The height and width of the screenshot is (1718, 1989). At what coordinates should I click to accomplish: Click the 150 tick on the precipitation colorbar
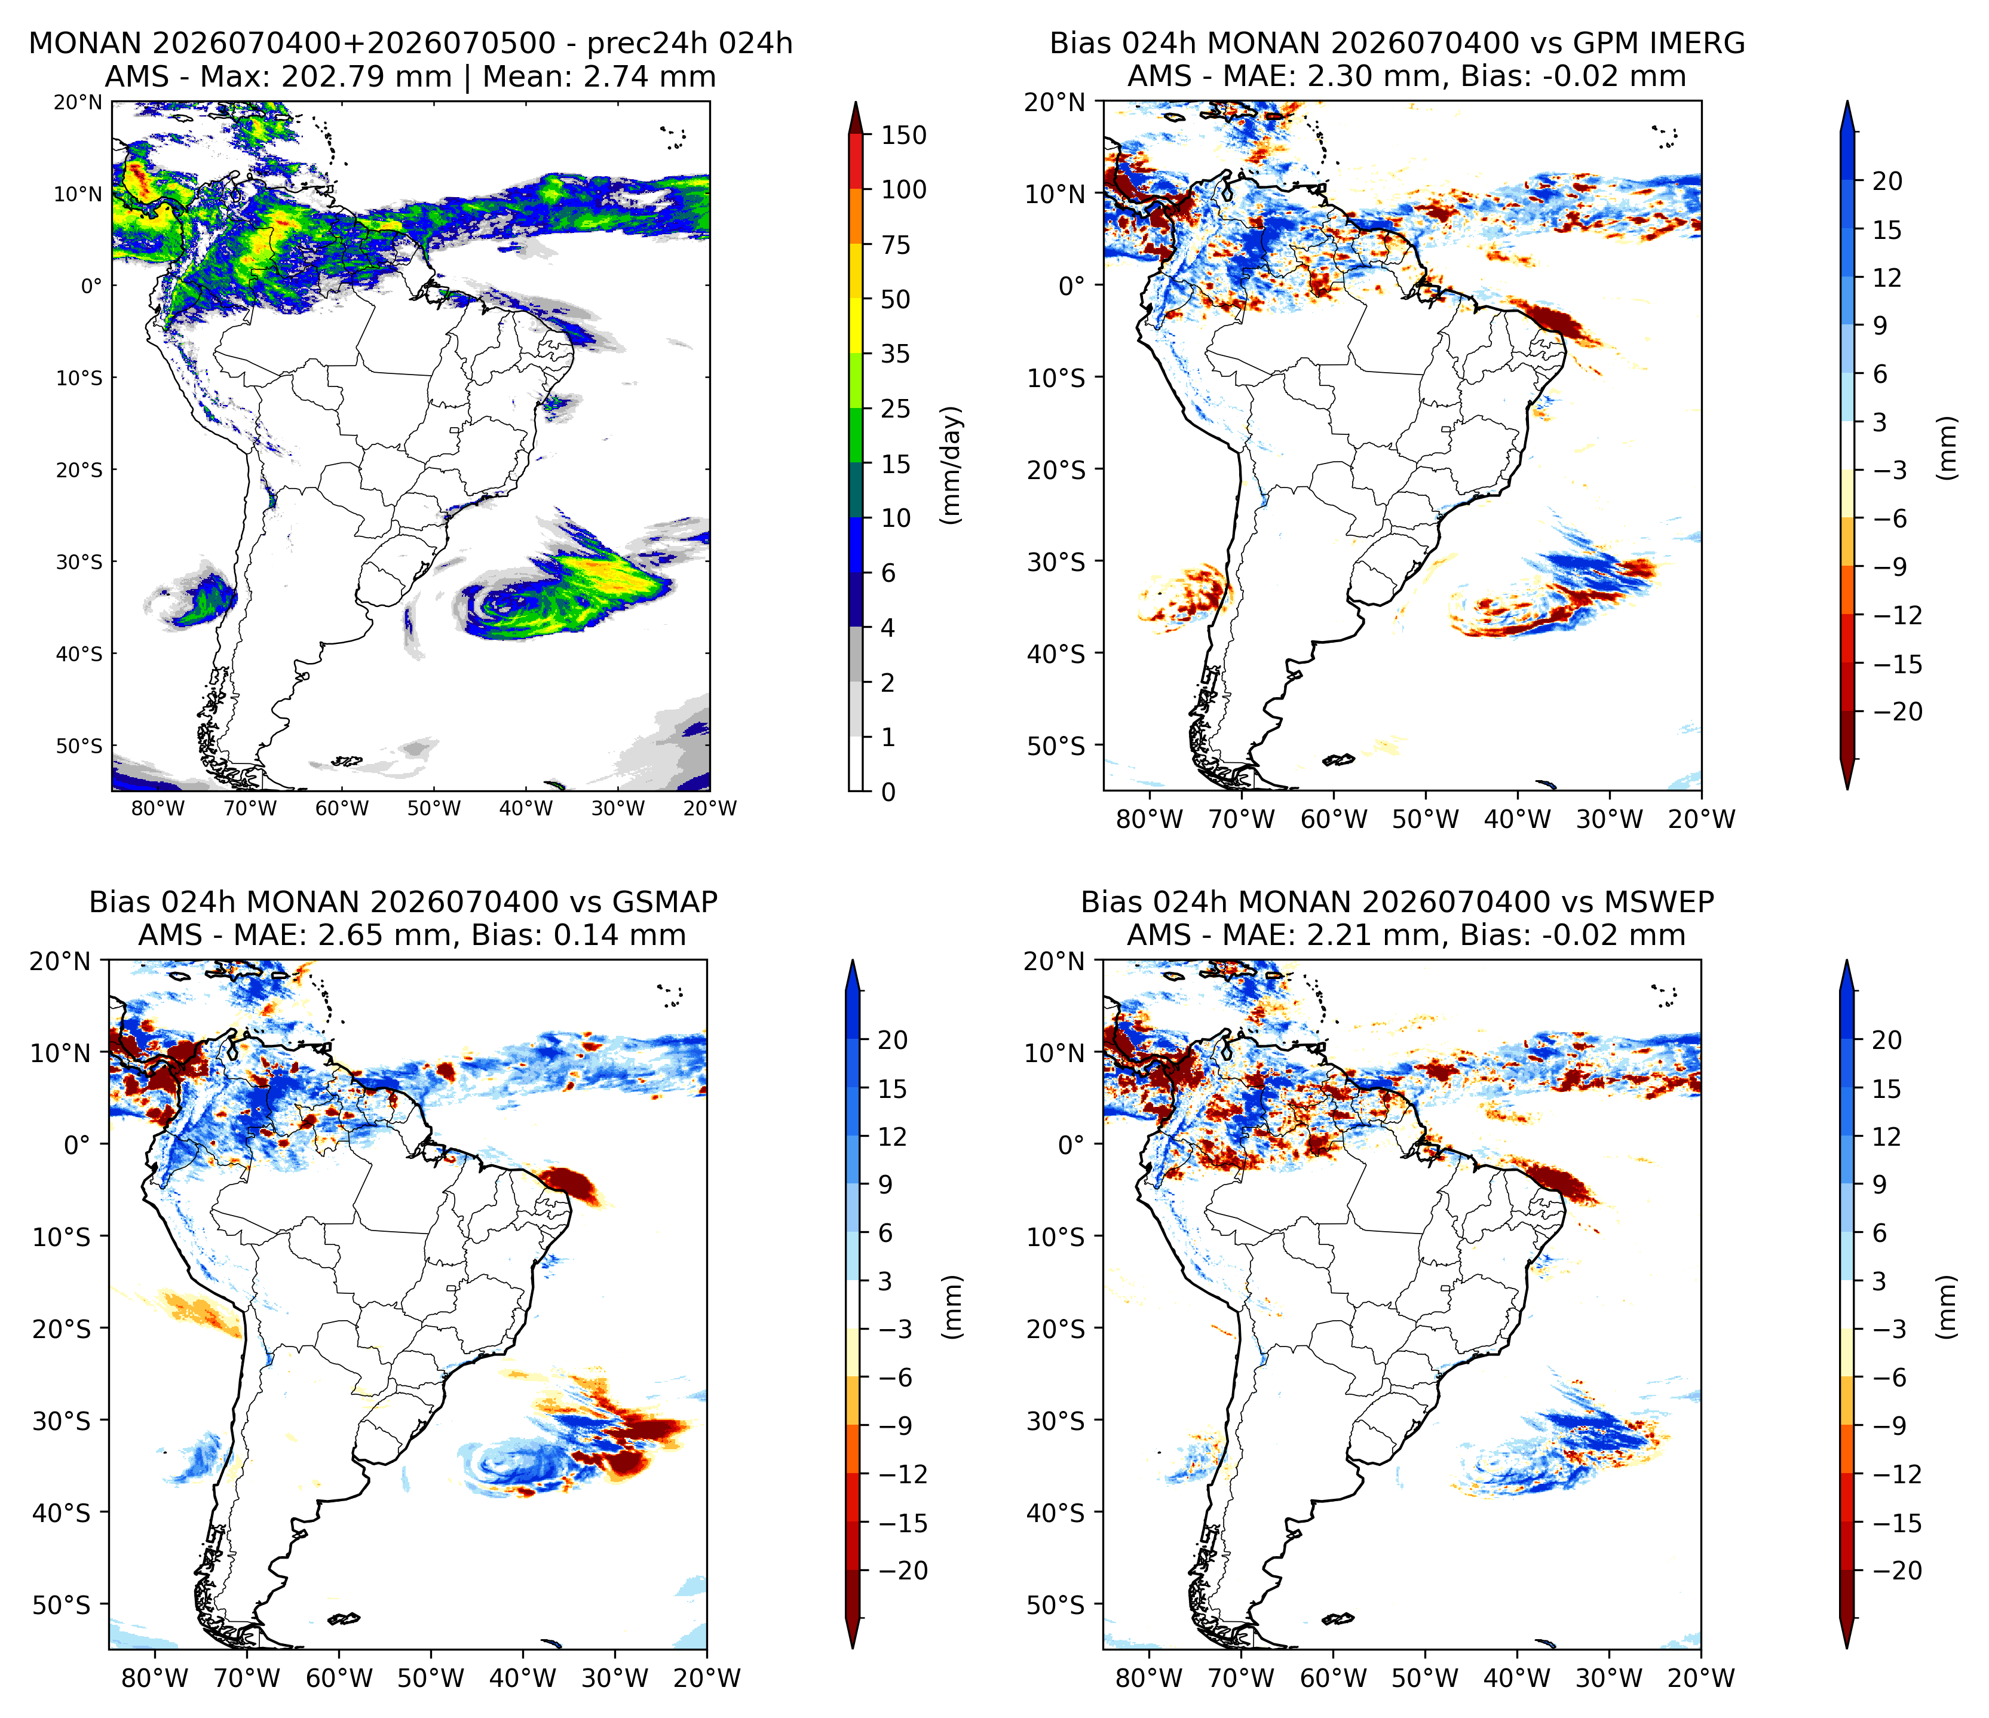(x=904, y=136)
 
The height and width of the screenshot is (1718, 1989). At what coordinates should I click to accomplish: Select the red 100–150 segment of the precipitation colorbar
(x=856, y=162)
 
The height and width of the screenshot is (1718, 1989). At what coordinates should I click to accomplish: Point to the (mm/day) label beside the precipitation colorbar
(x=951, y=465)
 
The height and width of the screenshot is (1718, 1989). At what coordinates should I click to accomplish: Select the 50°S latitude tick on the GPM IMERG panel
(x=1055, y=746)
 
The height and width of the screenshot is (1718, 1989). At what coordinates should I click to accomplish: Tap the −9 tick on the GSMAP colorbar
(x=904, y=1425)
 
